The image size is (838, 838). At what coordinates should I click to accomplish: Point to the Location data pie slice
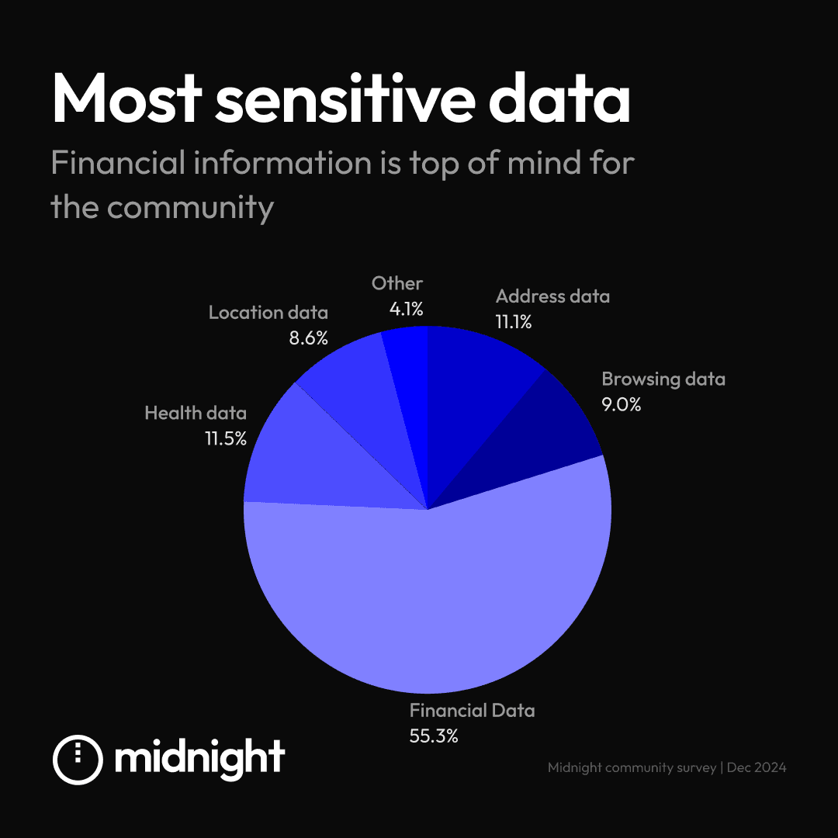point(349,396)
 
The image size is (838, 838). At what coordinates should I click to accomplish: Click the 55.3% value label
point(434,736)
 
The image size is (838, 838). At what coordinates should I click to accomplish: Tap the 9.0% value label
point(622,404)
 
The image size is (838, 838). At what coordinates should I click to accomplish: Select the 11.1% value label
point(514,321)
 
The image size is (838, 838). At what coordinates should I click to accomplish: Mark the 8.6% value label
point(309,338)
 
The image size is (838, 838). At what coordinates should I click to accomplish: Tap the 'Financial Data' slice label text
point(472,710)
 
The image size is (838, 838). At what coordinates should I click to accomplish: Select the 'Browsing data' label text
point(663,379)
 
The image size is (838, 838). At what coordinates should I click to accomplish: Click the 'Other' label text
point(397,284)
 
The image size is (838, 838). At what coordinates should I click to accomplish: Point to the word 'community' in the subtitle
point(190,207)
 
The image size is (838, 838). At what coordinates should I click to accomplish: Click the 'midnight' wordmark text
point(199,757)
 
